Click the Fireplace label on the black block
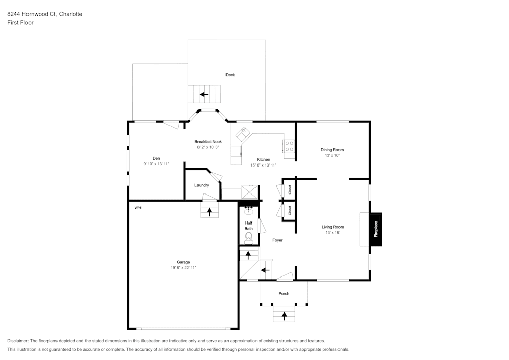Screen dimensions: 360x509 point(376,229)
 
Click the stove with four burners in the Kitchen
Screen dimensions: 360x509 point(289,146)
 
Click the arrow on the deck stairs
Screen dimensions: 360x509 point(204,94)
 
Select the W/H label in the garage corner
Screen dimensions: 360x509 point(138,208)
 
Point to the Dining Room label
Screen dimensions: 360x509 point(332,150)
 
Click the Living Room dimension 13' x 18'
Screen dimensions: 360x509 point(332,232)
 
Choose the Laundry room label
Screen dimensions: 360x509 point(202,185)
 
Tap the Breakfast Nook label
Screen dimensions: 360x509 point(208,141)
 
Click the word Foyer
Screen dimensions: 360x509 point(277,240)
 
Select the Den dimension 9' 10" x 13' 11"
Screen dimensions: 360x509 point(156,164)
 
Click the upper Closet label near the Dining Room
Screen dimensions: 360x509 point(290,189)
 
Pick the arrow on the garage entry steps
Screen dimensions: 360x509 point(209,211)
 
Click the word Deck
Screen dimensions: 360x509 point(230,75)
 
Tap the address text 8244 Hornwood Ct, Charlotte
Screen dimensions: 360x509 point(45,14)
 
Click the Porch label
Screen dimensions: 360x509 point(284,294)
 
